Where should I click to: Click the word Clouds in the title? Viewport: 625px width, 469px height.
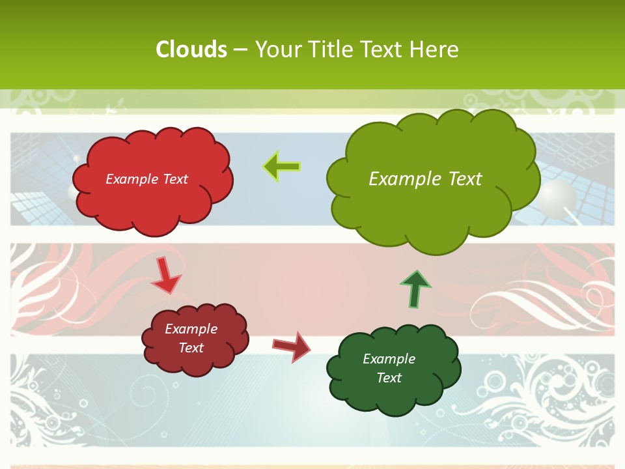coord(191,50)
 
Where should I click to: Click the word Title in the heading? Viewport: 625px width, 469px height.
coord(331,50)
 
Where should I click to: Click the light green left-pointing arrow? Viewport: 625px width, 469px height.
coord(282,166)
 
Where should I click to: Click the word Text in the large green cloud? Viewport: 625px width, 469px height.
coord(460,179)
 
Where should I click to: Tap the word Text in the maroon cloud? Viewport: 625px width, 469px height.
coord(191,348)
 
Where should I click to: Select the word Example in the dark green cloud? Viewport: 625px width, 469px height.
coord(389,359)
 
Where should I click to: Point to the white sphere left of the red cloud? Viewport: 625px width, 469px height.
coord(73,192)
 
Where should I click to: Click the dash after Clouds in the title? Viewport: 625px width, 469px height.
coord(240,50)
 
